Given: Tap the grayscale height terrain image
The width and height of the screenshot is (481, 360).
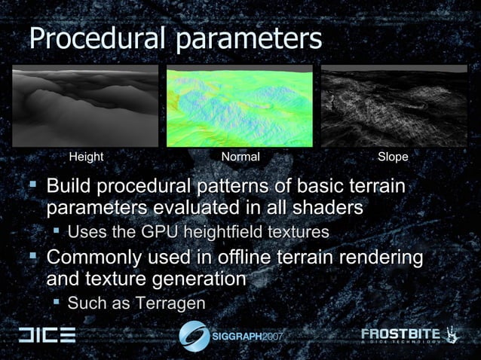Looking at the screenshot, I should [x=85, y=106].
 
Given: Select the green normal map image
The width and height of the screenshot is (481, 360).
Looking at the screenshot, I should [x=240, y=106].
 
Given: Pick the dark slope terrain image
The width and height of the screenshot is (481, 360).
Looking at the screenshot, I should [x=394, y=106].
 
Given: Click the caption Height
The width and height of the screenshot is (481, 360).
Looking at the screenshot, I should [x=86, y=157].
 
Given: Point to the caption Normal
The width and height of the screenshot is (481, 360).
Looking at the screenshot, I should [x=240, y=157].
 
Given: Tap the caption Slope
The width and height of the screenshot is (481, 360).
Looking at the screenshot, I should [x=393, y=157].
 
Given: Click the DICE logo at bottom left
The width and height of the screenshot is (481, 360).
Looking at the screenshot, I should [x=47, y=335].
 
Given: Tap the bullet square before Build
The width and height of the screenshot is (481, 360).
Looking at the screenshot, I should [x=32, y=185].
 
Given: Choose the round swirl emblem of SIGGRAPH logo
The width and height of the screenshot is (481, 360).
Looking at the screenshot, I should [x=195, y=335].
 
